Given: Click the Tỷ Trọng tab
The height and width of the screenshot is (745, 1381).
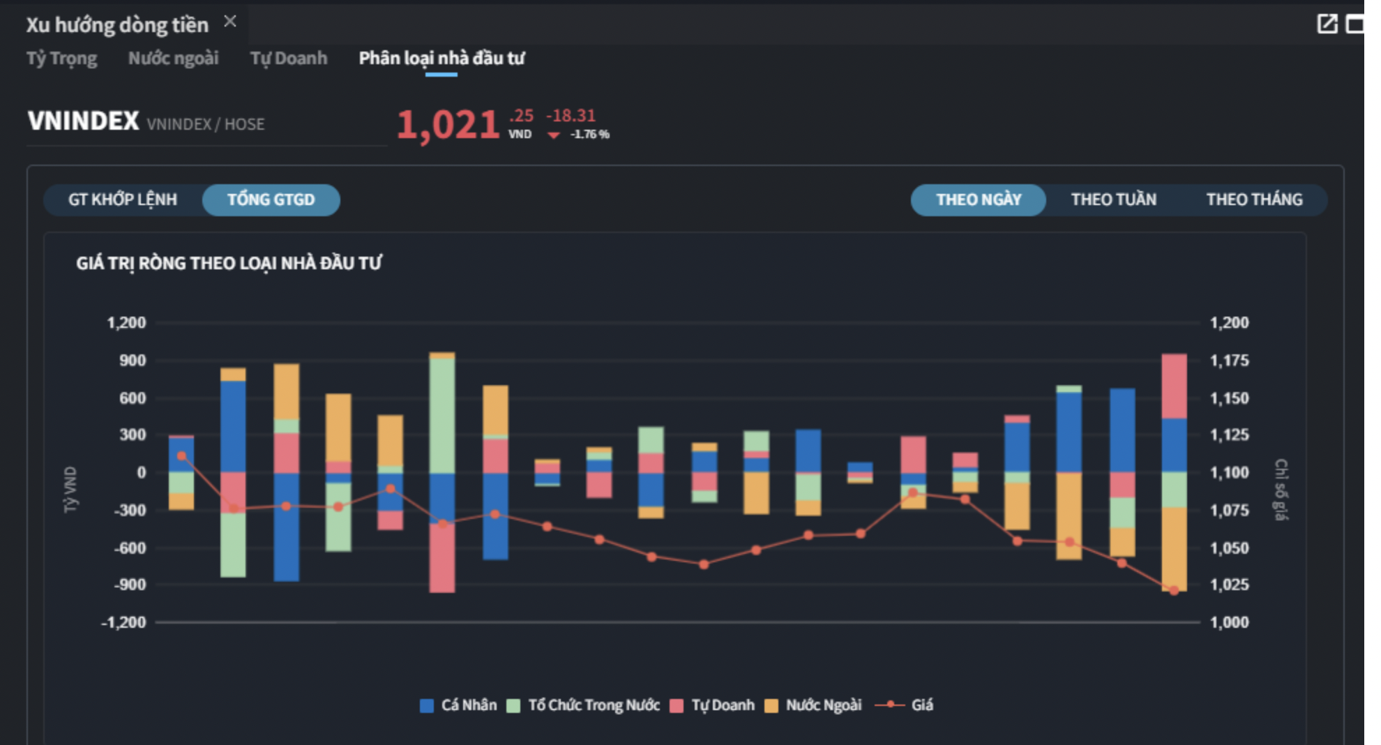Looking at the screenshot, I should coord(61,59).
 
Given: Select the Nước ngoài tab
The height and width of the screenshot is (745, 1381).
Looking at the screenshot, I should coord(173,59).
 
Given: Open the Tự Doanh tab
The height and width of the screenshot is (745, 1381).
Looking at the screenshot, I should coord(288,59).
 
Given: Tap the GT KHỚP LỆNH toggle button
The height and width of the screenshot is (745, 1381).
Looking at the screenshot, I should coord(123,200).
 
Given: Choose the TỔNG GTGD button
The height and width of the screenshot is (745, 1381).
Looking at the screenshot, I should coord(271,200).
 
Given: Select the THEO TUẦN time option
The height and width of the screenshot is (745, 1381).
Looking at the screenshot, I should coord(1113,200).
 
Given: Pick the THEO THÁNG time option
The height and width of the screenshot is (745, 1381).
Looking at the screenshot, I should coord(1254,200).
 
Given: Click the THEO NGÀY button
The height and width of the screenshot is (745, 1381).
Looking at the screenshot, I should coord(978,200).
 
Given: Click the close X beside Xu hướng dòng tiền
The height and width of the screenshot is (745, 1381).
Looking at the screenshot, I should coord(230,22).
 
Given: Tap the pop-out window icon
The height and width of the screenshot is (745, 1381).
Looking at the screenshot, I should coord(1327,24).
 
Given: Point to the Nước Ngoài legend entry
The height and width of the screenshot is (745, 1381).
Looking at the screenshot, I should coord(814,705).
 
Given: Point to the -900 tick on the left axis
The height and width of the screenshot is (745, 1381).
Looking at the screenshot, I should coord(130,585).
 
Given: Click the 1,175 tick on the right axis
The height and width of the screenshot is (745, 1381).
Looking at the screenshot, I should coord(1229,361).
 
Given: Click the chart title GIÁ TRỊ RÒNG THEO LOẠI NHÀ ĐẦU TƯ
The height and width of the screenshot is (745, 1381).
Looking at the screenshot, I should coord(229,263).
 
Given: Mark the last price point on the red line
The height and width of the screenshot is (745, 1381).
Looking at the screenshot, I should coord(1174,591).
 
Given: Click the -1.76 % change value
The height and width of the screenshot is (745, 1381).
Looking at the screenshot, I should coord(589,134).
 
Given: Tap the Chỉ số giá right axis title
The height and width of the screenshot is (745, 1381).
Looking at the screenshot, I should coord(1281,489).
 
